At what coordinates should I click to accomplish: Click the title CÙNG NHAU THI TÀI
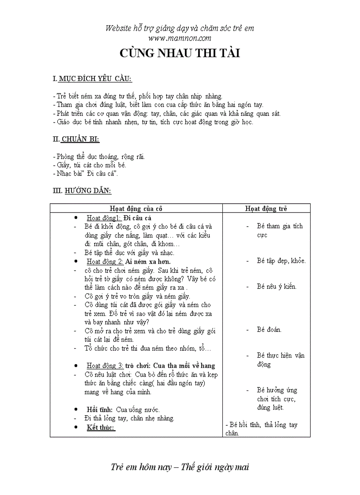(180, 53)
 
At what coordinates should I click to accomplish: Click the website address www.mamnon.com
(180, 38)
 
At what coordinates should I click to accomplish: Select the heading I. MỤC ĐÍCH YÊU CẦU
(92, 79)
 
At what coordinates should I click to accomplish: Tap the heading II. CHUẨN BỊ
(76, 139)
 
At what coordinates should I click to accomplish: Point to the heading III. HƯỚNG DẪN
(82, 190)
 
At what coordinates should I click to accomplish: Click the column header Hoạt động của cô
(136, 208)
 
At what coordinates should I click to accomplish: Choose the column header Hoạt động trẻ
(266, 208)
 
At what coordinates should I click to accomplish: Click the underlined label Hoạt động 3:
(105, 365)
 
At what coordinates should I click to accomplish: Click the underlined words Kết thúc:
(101, 427)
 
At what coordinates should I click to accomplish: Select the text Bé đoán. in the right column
(269, 329)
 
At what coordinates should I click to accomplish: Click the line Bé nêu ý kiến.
(277, 287)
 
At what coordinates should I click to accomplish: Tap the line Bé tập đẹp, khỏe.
(281, 261)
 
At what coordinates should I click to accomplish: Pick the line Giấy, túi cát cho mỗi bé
(89, 165)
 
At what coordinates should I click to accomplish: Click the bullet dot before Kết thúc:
(76, 427)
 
